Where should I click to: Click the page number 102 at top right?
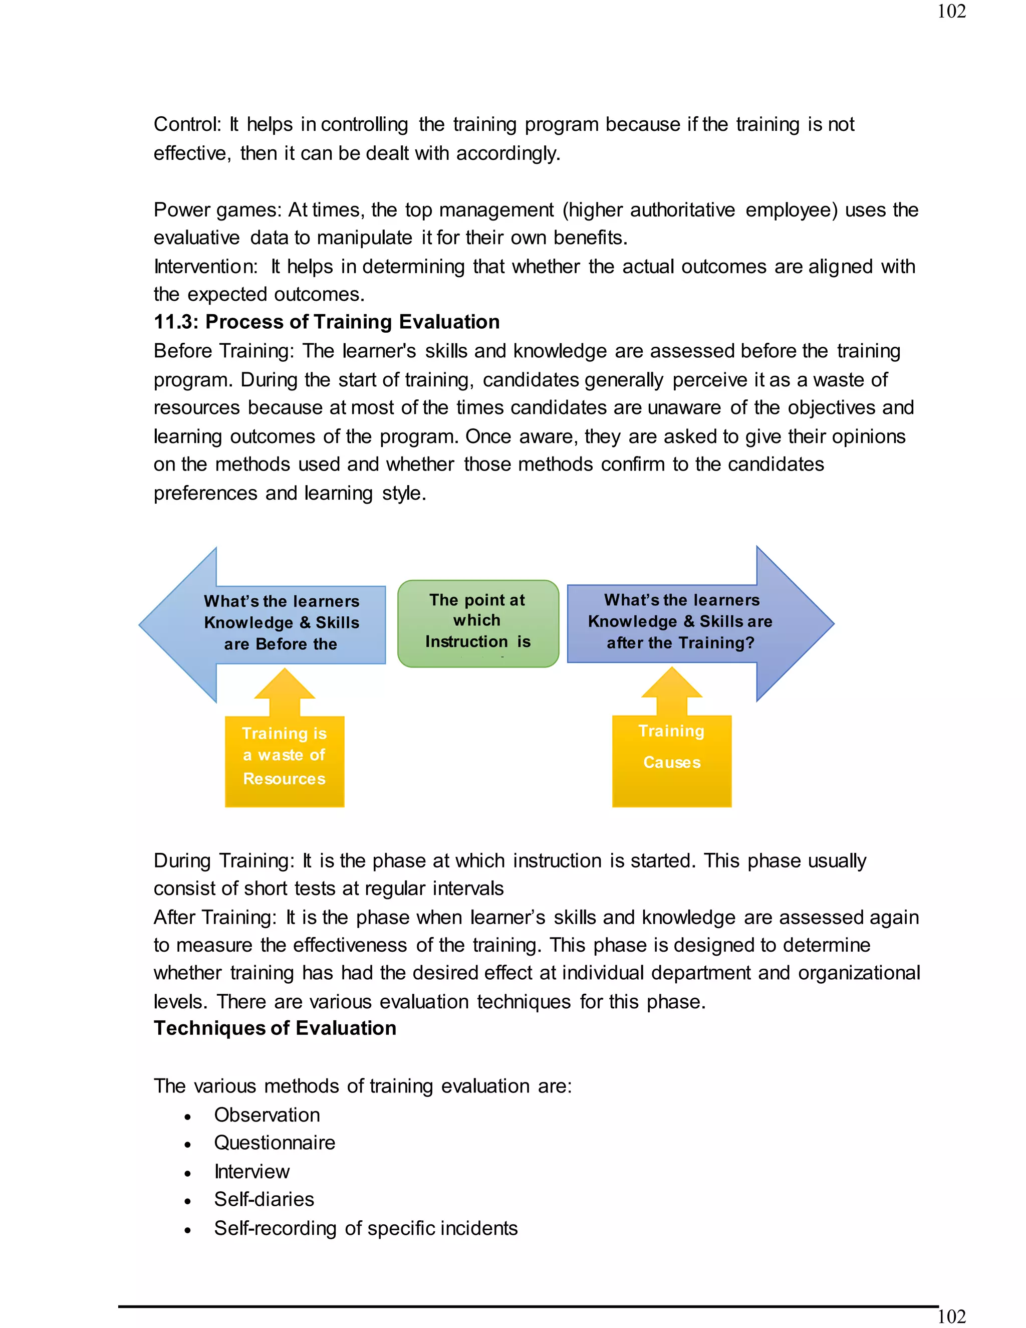pyautogui.click(x=951, y=12)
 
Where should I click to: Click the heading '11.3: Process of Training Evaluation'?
pyautogui.click(x=327, y=322)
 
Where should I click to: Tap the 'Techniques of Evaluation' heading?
pyautogui.click(x=275, y=1028)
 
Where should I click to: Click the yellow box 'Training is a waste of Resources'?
pyautogui.click(x=285, y=761)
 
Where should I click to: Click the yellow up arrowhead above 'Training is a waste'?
pyautogui.click(x=285, y=685)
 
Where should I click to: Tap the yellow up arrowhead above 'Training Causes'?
pyautogui.click(x=672, y=684)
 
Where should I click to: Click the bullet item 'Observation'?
pyautogui.click(x=267, y=1115)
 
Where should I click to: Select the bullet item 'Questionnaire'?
pyautogui.click(x=274, y=1143)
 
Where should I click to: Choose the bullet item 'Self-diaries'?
pyautogui.click(x=264, y=1199)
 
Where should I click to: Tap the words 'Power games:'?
pyautogui.click(x=217, y=210)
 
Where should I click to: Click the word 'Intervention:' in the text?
pyautogui.click(x=205, y=266)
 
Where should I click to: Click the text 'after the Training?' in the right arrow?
pyautogui.click(x=680, y=643)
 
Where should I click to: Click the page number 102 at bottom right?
pyautogui.click(x=951, y=1316)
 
